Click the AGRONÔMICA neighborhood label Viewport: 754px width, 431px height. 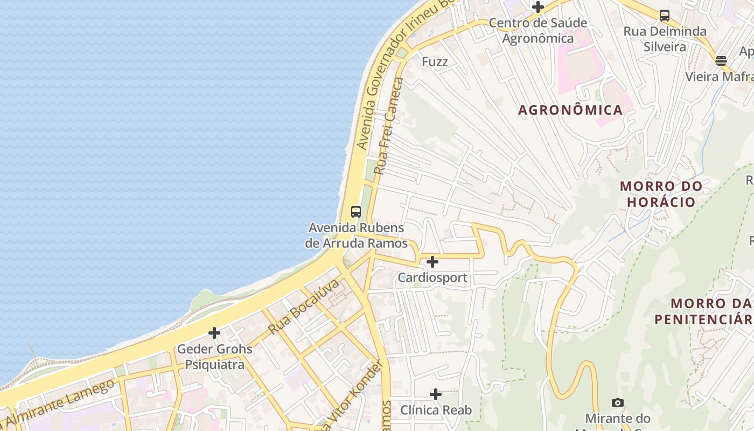(570, 110)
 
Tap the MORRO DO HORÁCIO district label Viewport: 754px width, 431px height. (661, 194)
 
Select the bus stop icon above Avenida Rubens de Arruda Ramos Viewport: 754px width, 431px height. (355, 212)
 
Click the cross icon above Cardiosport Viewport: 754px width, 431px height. (432, 262)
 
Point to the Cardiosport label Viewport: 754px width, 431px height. (432, 279)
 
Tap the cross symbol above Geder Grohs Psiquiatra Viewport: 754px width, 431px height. (214, 333)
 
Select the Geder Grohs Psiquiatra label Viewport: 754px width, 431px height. (214, 357)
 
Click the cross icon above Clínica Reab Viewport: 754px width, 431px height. (436, 394)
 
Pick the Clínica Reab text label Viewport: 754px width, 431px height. (436, 411)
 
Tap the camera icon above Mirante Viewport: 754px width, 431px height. (618, 402)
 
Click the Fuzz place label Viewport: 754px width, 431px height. (435, 62)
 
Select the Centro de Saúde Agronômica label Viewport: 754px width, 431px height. (537, 31)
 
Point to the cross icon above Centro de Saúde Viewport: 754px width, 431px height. (537, 7)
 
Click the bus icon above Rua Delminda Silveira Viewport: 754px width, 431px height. (665, 16)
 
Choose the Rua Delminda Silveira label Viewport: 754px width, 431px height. (665, 39)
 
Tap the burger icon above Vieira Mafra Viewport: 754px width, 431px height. (721, 60)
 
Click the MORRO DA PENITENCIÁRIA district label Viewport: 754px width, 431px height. (703, 311)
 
